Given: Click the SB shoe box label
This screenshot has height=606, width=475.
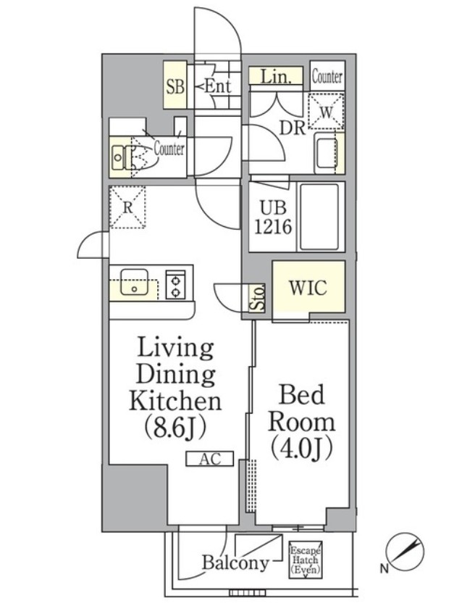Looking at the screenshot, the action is point(175,86).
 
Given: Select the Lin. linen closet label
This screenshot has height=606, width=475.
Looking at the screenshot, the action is point(275,77).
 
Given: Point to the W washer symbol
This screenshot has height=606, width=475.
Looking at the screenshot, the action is point(327,112).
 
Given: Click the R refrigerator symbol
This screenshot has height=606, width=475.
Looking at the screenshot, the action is point(127,207).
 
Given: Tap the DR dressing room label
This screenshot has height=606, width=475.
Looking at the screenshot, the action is point(293,128).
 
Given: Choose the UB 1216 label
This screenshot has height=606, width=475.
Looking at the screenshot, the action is point(273,218).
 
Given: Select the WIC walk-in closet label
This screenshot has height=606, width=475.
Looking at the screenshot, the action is point(308,288).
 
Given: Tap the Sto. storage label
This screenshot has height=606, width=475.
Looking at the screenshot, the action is point(258,298).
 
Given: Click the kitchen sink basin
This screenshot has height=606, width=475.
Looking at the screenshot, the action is point(134,283).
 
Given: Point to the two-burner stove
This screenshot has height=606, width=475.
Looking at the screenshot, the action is point(176,284).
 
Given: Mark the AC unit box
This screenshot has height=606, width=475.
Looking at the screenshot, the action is point(210,459).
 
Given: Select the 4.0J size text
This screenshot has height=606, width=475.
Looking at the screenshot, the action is point(302,448).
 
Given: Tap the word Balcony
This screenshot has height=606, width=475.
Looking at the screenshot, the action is point(235,563).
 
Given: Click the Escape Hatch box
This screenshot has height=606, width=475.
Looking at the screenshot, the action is point(306,560).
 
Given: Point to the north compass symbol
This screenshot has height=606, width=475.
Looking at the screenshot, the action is point(405,552).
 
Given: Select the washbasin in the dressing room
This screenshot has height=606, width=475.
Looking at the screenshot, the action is point(326,154).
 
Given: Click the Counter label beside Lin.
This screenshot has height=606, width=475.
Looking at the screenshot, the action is point(327,77).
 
